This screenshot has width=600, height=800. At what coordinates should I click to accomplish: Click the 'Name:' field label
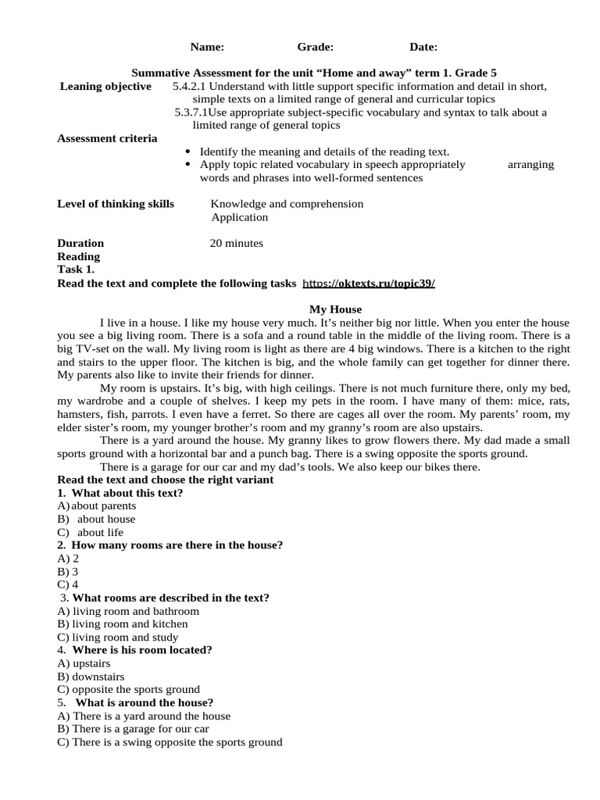tap(207, 47)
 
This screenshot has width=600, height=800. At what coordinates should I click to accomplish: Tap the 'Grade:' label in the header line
tap(315, 47)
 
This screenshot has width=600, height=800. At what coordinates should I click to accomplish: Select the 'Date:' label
tap(423, 47)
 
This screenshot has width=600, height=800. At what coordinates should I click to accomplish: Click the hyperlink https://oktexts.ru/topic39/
tap(368, 283)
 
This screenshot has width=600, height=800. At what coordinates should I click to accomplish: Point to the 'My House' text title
tap(335, 309)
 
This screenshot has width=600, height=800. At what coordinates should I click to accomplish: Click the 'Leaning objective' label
tap(105, 86)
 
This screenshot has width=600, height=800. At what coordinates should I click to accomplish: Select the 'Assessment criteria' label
tap(107, 138)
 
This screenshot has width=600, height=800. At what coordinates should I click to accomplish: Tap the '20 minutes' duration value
tap(237, 243)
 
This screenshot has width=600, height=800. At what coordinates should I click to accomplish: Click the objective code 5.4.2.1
tap(189, 86)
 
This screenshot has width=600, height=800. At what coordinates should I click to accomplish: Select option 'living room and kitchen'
tap(129, 624)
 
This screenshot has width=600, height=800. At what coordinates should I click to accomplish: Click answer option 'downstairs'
tap(98, 677)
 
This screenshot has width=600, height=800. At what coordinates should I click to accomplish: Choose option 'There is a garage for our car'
tap(140, 729)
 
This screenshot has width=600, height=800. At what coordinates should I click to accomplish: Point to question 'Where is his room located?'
tap(142, 650)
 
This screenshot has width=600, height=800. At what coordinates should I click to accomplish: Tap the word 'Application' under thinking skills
tap(239, 217)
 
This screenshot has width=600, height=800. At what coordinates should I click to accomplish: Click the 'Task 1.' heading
tap(76, 270)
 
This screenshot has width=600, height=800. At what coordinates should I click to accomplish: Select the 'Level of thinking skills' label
tap(116, 204)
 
